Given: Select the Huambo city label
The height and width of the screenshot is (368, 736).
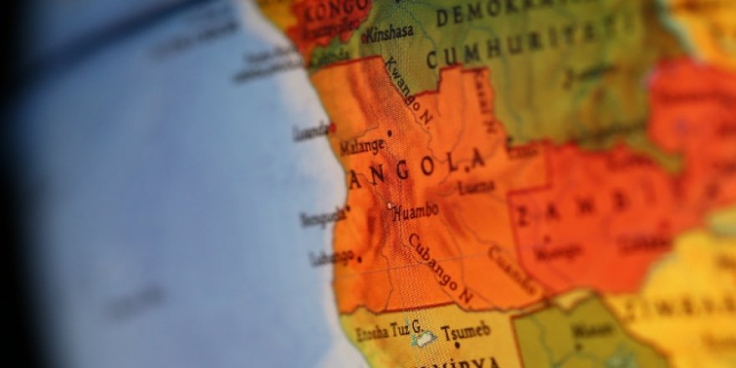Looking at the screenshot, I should (415, 212).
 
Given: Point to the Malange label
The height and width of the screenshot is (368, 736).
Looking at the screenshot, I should (362, 147).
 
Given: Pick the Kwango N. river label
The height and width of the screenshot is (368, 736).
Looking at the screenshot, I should (409, 93).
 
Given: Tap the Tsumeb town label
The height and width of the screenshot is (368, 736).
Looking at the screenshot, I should (466, 331).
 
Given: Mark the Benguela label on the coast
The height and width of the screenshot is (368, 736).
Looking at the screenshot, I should (322, 218).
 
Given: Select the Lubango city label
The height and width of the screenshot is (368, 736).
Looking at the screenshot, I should (332, 258).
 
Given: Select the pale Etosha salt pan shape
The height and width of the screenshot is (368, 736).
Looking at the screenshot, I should (424, 338).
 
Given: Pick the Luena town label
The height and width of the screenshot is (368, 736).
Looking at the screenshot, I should (476, 188).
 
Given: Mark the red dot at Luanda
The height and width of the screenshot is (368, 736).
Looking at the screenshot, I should (332, 128).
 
